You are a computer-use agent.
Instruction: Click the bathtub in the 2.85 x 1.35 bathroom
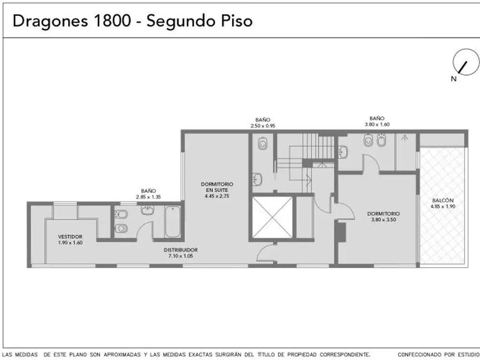172,222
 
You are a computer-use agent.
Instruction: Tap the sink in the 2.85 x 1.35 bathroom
148,210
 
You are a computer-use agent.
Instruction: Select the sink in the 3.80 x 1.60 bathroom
343,152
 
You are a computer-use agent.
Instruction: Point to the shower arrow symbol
405,138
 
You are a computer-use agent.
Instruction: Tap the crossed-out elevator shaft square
272,217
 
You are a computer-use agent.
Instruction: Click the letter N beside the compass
453,79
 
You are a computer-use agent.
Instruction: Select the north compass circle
466,62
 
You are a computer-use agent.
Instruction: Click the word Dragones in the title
50,22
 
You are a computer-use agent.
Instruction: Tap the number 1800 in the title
112,21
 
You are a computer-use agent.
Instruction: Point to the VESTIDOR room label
70,237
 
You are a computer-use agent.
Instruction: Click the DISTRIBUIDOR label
180,250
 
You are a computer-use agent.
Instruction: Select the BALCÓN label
442,201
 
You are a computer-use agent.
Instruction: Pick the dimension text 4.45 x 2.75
217,196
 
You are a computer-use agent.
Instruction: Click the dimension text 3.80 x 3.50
383,219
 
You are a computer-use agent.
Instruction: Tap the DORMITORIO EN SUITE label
217,187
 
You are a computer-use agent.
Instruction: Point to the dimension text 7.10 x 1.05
180,256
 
